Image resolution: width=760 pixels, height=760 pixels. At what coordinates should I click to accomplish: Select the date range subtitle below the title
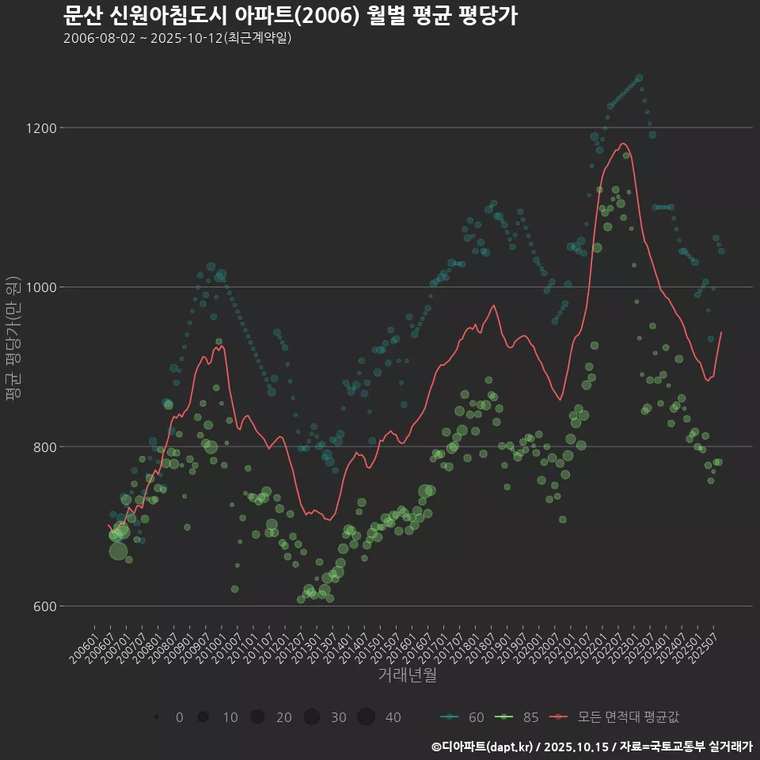pos(178,38)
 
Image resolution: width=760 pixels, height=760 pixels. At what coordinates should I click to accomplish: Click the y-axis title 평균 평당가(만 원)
pos(13,340)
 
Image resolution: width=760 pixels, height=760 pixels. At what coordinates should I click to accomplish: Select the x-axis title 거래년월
pos(407,674)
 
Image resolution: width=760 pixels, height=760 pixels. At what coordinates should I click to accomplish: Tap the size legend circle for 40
pos(366,717)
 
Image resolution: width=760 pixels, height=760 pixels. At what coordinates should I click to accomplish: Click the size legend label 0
pos(180,717)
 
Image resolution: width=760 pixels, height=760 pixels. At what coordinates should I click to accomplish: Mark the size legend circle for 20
pos(257,717)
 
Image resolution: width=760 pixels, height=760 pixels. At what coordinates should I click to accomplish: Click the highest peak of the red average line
pos(624,143)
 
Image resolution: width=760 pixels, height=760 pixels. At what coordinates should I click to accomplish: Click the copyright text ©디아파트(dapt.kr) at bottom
pos(483,747)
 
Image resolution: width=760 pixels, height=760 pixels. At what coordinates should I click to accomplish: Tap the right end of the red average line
pos(721,332)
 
